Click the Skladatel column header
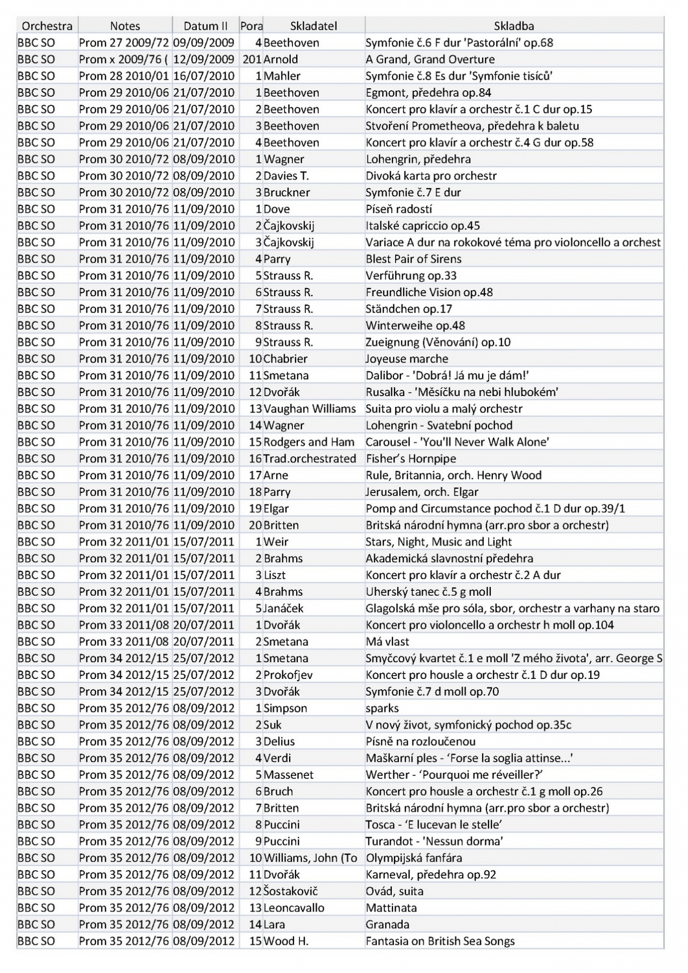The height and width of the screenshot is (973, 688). [313, 25]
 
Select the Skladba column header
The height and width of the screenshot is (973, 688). [514, 25]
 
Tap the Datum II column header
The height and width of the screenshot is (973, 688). [205, 25]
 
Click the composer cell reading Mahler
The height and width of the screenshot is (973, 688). [282, 76]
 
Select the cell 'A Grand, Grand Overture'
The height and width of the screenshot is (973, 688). [430, 59]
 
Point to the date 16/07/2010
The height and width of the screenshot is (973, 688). [204, 76]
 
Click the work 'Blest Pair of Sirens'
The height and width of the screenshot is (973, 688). [413, 258]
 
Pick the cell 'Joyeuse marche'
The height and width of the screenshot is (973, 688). [407, 358]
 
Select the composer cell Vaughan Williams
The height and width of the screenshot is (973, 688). [310, 408]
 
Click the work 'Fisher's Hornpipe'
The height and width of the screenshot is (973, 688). [411, 458]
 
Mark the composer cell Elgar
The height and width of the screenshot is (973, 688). [276, 508]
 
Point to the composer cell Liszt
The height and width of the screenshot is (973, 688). [275, 575]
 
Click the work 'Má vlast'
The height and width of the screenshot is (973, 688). [388, 641]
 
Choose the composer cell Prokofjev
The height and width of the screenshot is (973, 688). [288, 675]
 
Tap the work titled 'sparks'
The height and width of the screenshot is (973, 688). [382, 708]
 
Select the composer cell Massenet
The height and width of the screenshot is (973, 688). [289, 774]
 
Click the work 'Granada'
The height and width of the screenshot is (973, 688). [388, 924]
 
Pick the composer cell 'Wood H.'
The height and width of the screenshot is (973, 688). [286, 941]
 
